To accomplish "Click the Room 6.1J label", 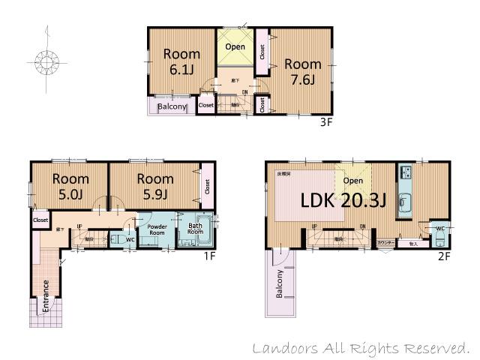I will click(181, 61).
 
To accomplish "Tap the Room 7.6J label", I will click(302, 71).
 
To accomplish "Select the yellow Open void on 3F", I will click(235, 47).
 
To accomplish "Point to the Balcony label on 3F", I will click(172, 106).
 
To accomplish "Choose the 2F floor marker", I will click(444, 256).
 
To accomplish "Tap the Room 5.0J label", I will click(70, 186).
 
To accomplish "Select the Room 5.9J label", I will click(154, 186).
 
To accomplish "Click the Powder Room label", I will click(157, 229).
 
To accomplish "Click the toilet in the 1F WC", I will click(118, 239).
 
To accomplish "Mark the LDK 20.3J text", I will click(343, 200).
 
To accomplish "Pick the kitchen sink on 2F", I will click(405, 201).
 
